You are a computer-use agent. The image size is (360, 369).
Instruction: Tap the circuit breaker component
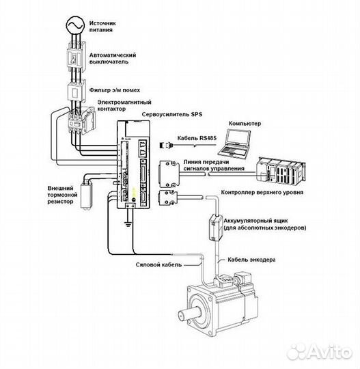[76, 57]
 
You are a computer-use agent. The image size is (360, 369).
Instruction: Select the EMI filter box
[77, 92]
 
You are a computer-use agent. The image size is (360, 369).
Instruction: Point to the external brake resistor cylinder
[85, 195]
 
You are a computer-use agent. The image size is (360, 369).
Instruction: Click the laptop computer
[235, 143]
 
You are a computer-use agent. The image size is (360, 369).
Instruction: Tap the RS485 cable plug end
[167, 145]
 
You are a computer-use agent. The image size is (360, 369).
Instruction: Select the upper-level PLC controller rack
[281, 171]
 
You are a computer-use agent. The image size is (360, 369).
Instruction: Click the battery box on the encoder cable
[216, 228]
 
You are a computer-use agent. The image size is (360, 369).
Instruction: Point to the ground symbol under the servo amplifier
[128, 224]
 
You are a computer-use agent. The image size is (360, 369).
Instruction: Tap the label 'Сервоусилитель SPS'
[171, 115]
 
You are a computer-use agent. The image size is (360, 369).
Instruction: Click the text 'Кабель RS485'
[197, 138]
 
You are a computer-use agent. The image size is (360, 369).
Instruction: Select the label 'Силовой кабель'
[158, 264]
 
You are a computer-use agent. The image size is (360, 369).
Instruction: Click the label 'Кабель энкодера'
[251, 260]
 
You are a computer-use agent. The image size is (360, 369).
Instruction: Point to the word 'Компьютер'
[245, 123]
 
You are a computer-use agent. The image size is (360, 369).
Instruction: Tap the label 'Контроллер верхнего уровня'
[262, 192]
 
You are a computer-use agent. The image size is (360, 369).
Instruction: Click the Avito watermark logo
[319, 352]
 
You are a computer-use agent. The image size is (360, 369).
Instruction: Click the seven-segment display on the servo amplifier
[143, 148]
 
